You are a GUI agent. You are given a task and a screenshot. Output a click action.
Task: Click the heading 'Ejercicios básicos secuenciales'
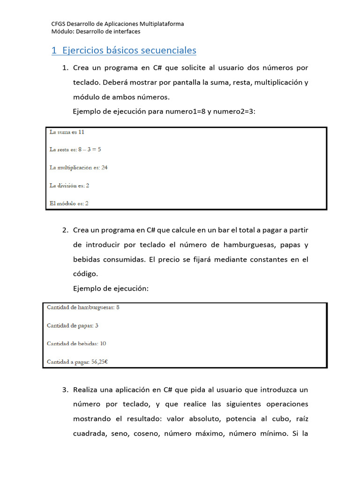129,51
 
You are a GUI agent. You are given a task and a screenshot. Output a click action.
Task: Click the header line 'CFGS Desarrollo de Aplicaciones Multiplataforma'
117,24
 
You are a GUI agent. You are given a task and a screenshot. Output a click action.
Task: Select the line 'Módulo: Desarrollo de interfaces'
96,31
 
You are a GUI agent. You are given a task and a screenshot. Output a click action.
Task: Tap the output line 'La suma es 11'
67,132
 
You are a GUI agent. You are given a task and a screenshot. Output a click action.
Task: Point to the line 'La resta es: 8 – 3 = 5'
75,150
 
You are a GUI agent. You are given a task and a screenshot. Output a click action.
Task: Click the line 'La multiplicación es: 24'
78,167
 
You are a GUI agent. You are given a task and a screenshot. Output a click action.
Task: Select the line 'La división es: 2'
69,185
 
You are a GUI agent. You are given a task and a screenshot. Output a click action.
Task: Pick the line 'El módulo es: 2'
69,203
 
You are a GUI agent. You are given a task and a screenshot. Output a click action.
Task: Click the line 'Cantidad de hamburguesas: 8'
83,307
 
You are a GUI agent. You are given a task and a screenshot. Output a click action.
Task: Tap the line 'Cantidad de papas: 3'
72,325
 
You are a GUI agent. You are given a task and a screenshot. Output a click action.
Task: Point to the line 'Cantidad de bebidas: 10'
76,344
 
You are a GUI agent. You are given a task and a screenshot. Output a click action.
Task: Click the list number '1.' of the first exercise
66,68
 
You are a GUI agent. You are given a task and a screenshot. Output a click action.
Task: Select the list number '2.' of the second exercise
66,230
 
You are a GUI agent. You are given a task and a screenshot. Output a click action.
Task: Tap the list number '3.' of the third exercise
66,390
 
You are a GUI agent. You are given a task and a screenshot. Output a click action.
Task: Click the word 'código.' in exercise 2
85,274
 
